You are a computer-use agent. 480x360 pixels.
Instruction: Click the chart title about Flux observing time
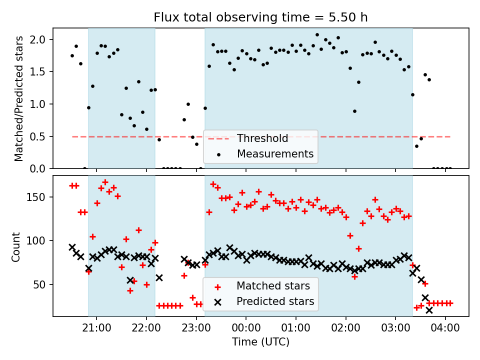point(260,17)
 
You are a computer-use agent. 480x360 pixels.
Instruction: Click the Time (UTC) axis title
point(260,342)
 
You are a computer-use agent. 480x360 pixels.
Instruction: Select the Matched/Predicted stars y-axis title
point(19,98)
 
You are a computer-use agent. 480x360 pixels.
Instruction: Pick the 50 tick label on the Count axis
point(42,284)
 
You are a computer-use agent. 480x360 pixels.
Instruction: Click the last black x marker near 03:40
point(429,310)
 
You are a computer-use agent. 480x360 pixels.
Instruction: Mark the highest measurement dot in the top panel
point(317,35)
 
